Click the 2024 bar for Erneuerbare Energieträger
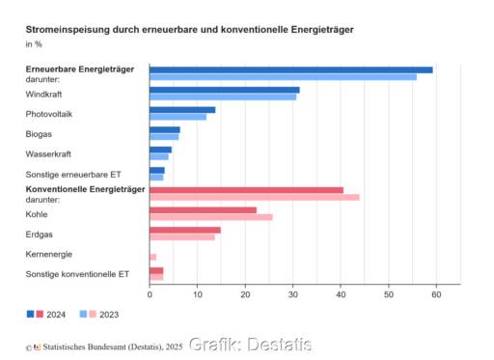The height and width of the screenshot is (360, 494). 289,69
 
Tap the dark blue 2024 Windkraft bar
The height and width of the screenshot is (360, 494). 224,90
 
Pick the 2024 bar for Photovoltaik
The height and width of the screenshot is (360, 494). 181,110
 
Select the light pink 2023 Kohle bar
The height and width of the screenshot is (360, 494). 210,217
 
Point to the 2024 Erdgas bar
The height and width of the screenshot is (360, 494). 184,230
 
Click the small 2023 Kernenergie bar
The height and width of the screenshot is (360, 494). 152,257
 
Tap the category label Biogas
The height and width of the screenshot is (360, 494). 39,133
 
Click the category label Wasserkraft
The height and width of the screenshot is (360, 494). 47,153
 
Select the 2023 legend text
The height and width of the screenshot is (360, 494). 109,315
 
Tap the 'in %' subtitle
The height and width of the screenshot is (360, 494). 34,44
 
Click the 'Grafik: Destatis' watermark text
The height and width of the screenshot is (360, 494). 250,345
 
